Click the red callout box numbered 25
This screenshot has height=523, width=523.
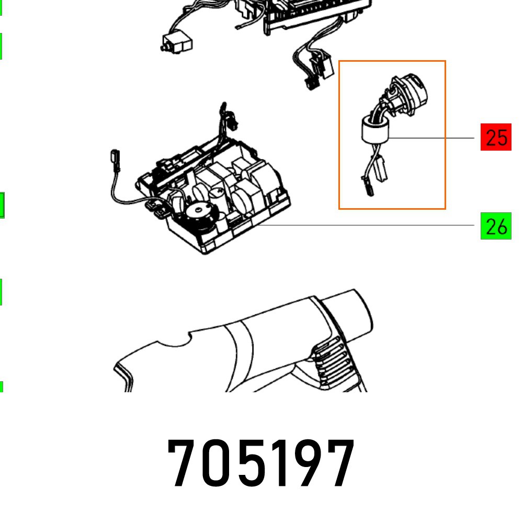pyautogui.click(x=495, y=138)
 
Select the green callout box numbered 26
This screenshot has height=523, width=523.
pyautogui.click(x=495, y=226)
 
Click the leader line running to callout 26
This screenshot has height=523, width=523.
pyautogui.click(x=366, y=225)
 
